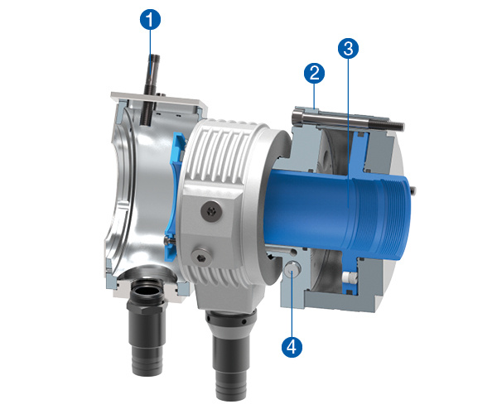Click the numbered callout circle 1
[150, 19]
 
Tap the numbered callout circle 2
[314, 73]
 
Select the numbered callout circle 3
[348, 49]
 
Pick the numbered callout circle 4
[292, 347]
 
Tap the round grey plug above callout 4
[292, 269]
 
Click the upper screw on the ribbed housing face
[211, 210]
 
